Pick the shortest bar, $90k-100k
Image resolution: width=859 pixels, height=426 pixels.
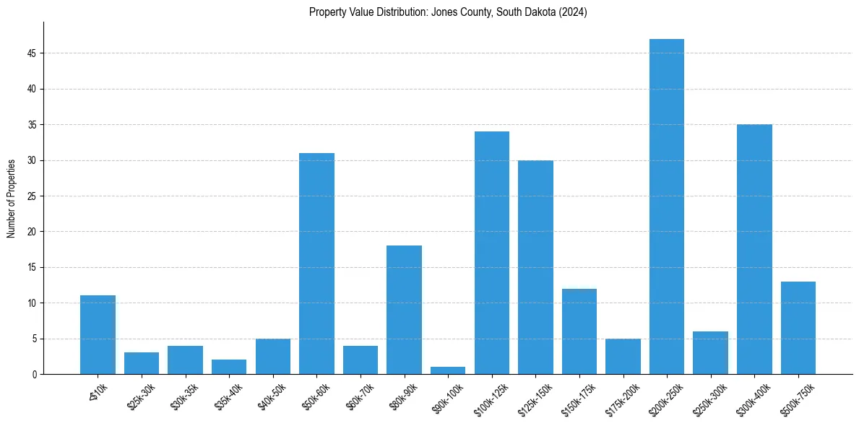coord(448,370)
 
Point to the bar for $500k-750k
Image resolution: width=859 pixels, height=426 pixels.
coord(798,328)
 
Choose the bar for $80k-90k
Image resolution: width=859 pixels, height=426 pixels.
coord(404,310)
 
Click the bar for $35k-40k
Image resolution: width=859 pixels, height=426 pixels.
coord(229,367)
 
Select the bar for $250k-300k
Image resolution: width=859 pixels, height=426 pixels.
coord(710,352)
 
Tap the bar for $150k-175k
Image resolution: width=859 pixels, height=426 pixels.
coord(579,331)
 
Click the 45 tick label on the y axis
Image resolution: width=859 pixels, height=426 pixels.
coord(33,53)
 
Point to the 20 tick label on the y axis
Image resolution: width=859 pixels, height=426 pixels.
coord(33,232)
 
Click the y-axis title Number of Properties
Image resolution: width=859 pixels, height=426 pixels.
coord(11,198)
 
